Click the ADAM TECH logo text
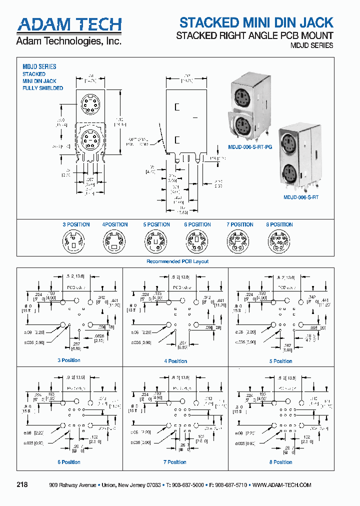(69, 24)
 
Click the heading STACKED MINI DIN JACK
(256, 22)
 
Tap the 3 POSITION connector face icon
(72, 244)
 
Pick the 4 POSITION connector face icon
(114, 244)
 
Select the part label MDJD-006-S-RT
(301, 197)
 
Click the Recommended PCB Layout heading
(177, 261)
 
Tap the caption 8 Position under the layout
(280, 462)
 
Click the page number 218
(22, 485)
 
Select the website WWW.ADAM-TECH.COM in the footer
(282, 485)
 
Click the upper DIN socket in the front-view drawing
(90, 106)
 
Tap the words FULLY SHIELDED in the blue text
(43, 88)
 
